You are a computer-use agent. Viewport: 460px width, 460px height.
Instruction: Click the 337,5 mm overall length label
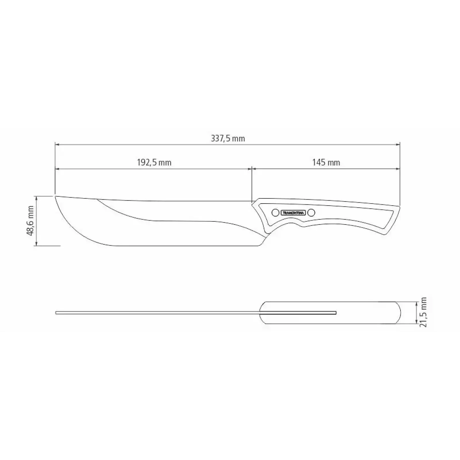pyautogui.click(x=228, y=139)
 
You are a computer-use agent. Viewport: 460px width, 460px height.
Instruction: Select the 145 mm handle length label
pyautogui.click(x=326, y=163)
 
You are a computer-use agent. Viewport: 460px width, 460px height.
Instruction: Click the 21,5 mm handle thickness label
pyautogui.click(x=423, y=313)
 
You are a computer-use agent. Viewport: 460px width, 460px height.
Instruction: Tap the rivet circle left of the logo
pyautogui.click(x=275, y=213)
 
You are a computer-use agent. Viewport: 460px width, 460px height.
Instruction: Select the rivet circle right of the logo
pyautogui.click(x=311, y=213)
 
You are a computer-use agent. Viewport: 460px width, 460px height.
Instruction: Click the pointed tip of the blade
pyautogui.click(x=55, y=196)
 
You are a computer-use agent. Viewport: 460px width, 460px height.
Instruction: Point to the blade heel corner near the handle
pyautogui.click(x=259, y=245)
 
